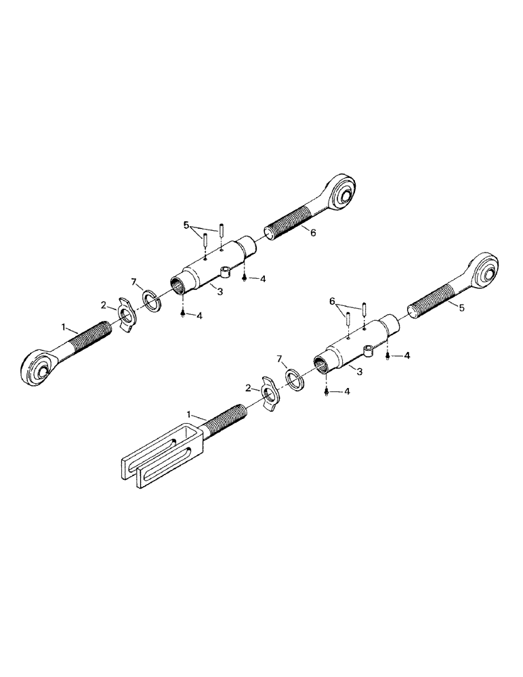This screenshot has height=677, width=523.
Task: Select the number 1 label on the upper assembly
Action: coord(63,327)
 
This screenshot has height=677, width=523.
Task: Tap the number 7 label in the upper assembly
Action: coord(133,282)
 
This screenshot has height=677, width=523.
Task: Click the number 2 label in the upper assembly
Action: coord(104,305)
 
